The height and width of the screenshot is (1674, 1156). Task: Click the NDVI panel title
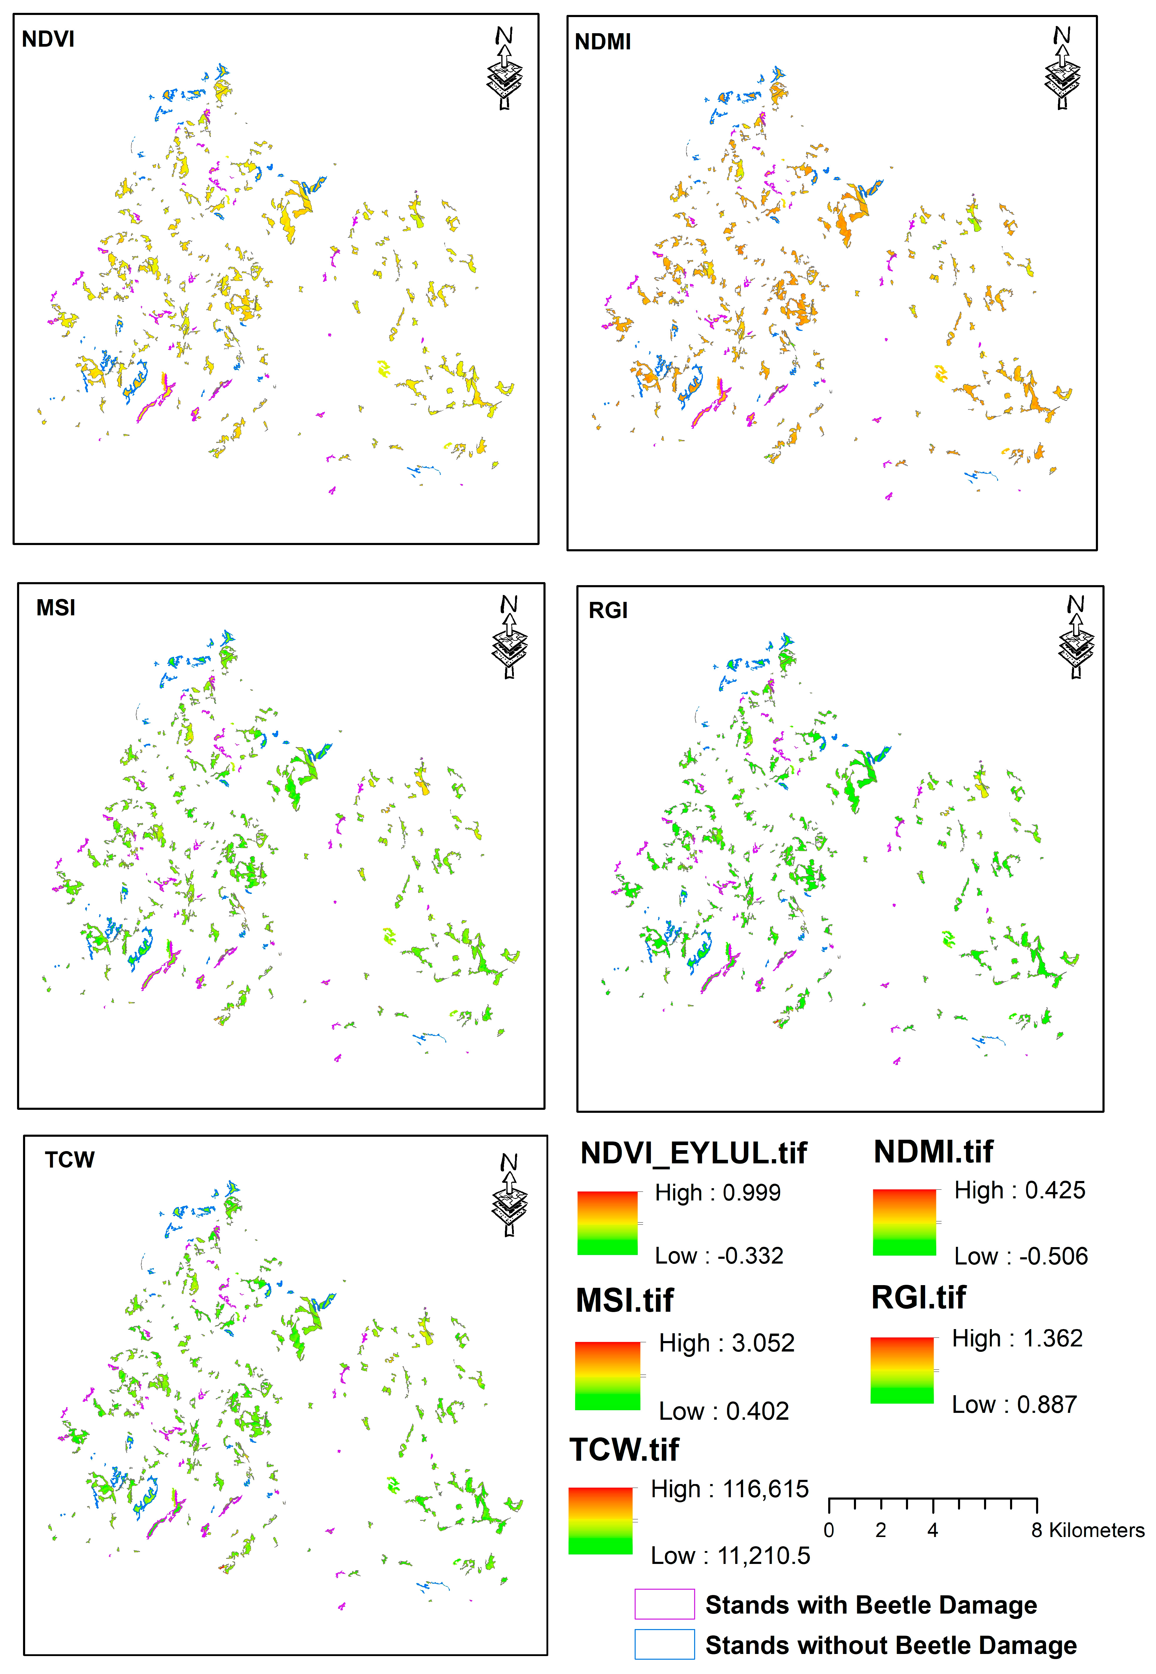coord(48,39)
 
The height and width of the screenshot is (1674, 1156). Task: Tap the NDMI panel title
coord(603,42)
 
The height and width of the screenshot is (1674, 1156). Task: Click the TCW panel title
coord(69,1160)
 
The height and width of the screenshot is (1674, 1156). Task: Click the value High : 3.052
coord(727,1343)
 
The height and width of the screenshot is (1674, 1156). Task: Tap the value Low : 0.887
coord(1014,1404)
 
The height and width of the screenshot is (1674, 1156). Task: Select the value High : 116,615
coord(729,1489)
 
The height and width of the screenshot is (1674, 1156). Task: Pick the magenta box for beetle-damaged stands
coord(664,1604)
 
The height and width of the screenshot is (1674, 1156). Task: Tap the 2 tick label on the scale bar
coord(881,1531)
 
